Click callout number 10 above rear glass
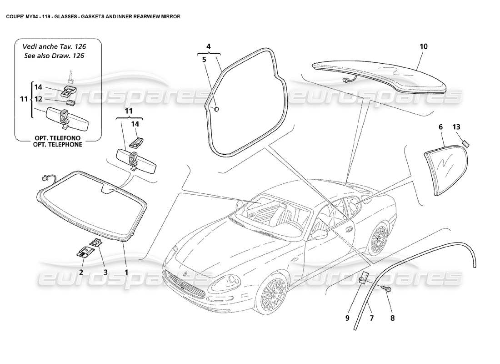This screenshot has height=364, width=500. [423, 46]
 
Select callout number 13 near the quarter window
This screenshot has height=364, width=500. [456, 127]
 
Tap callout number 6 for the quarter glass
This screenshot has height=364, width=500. [440, 127]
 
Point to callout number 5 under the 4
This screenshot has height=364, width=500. [204, 59]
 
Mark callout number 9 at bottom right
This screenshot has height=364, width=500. [347, 318]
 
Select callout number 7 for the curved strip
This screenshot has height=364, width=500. [371, 318]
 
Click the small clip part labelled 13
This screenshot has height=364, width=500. [465, 143]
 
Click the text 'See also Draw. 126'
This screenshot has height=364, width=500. [55, 56]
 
